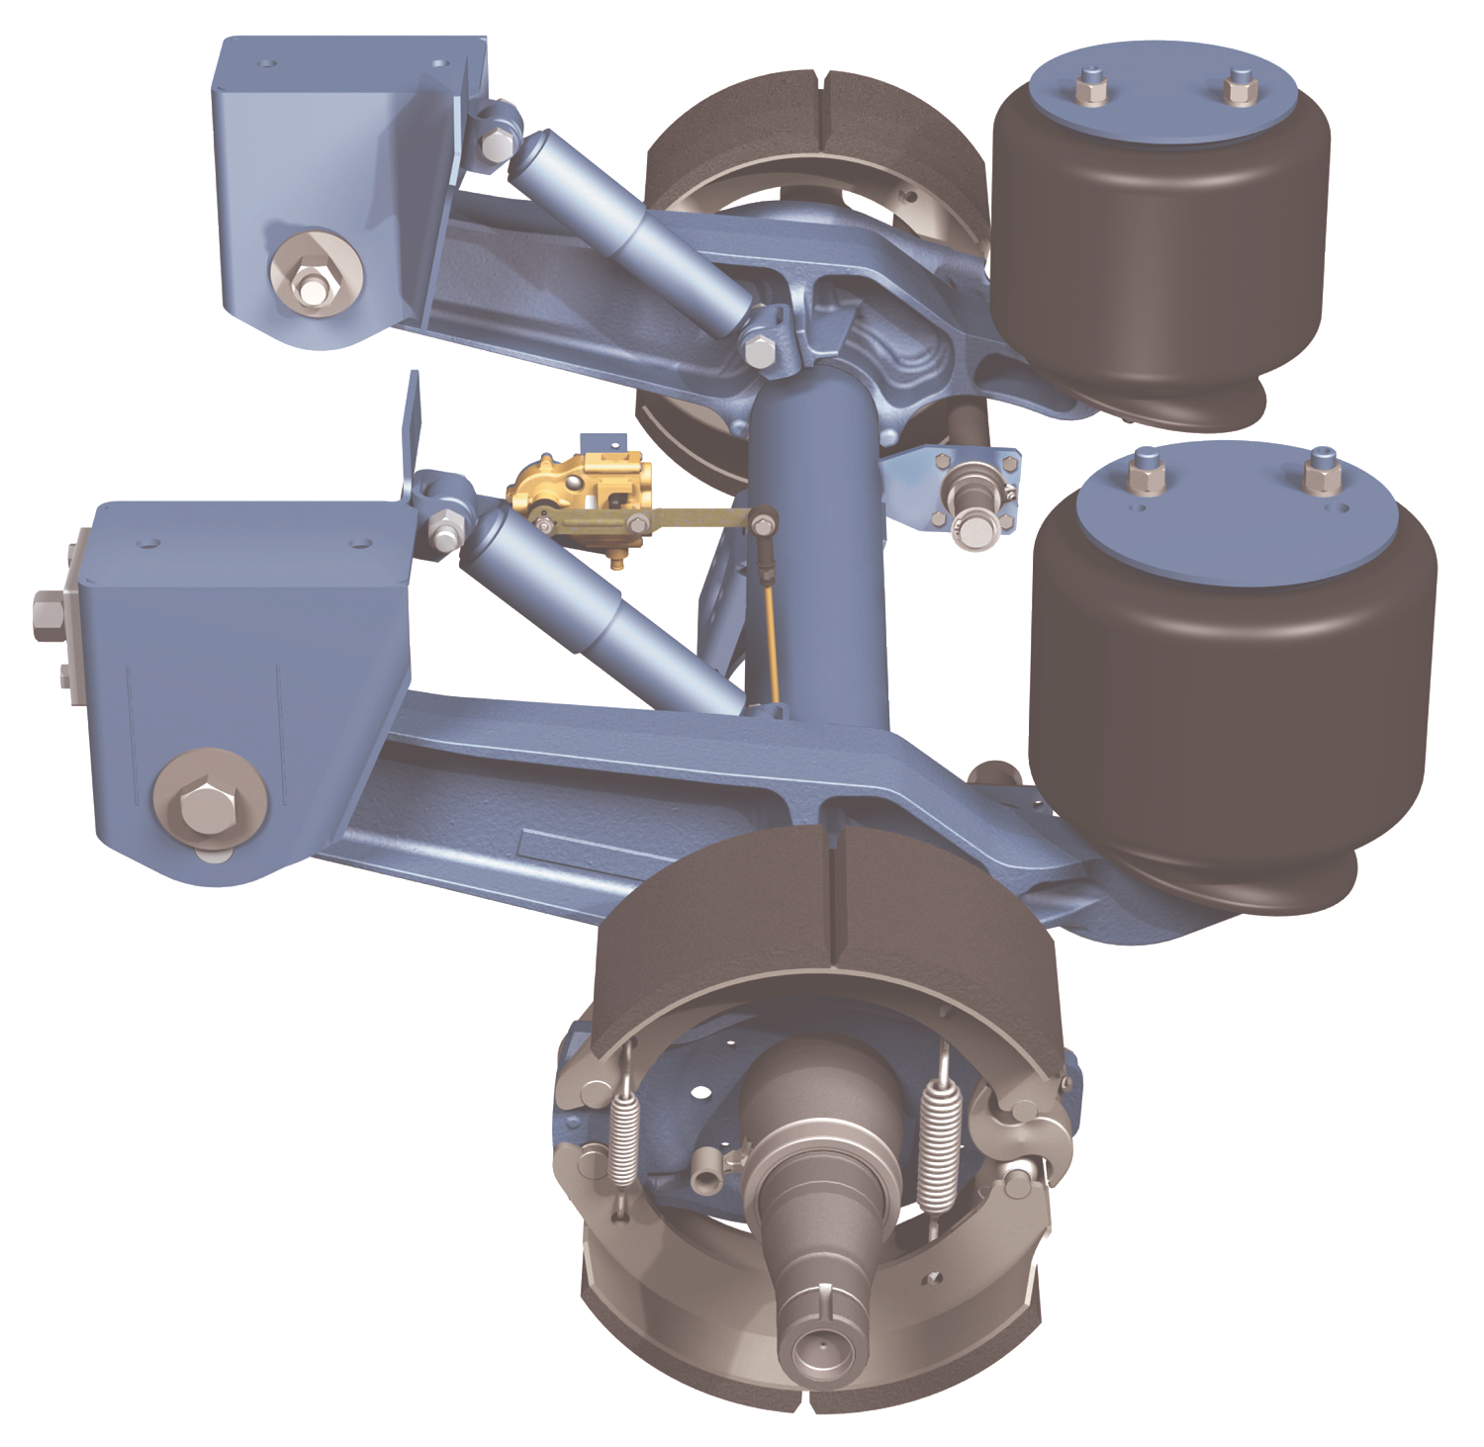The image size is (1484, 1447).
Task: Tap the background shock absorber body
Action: [633, 223]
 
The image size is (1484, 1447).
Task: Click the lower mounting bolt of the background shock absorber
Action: [759, 349]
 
